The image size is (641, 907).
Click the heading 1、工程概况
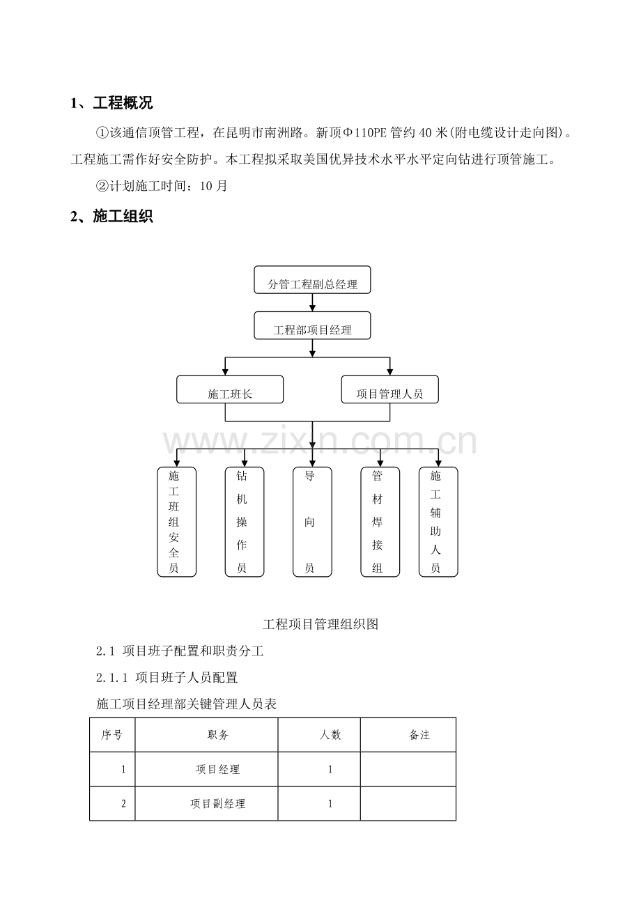[x=111, y=103]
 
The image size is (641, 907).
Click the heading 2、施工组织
[x=111, y=217]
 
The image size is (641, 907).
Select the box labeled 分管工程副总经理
[x=312, y=280]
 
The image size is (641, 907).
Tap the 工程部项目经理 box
[x=312, y=325]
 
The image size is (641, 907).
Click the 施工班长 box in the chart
[x=230, y=389]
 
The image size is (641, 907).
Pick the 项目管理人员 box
[x=390, y=389]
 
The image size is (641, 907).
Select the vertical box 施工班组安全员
[x=176, y=522]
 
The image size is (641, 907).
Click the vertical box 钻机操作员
[x=245, y=522]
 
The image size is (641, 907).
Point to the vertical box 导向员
[x=312, y=522]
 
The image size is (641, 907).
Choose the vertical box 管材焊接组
[x=380, y=522]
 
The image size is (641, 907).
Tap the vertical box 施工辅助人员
[x=438, y=522]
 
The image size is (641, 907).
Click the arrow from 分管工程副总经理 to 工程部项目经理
[x=312, y=303]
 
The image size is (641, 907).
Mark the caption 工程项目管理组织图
[x=320, y=624]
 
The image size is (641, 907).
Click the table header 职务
[x=218, y=734]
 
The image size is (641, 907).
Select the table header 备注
[x=419, y=734]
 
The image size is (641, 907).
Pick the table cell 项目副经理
[x=218, y=803]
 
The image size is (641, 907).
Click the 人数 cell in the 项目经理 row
[x=330, y=769]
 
